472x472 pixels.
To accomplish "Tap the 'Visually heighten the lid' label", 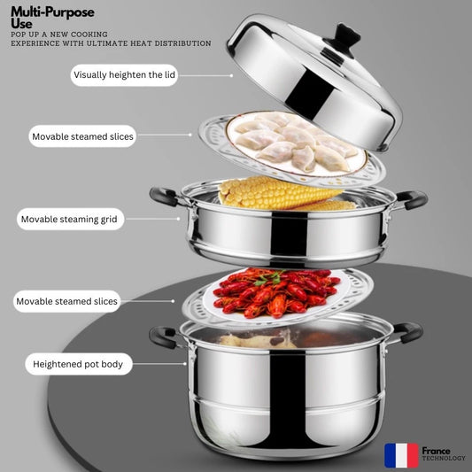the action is tap(124, 75).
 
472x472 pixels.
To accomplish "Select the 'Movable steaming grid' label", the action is tap(70, 219).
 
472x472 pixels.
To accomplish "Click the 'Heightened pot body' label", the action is tap(79, 364).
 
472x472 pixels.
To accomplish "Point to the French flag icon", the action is tap(401, 455).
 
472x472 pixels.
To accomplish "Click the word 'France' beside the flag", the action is tap(436, 451).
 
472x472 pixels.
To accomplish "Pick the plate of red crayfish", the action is tap(276, 294).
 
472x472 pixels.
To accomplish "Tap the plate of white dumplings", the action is tap(297, 143).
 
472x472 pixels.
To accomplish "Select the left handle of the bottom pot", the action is tap(164, 337).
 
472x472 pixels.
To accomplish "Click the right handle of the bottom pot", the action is tap(408, 333).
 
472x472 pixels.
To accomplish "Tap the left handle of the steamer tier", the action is tap(165, 197).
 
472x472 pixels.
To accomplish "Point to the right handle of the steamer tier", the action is tap(412, 199).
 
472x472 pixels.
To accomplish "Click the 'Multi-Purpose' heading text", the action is tap(52, 12).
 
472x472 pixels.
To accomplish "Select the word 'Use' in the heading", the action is tap(21, 24).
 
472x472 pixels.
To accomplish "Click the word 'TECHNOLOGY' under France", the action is tap(444, 458).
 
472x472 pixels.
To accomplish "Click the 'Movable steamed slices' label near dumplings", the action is tap(82, 136).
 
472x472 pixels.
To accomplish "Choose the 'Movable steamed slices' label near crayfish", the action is tap(66, 301).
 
